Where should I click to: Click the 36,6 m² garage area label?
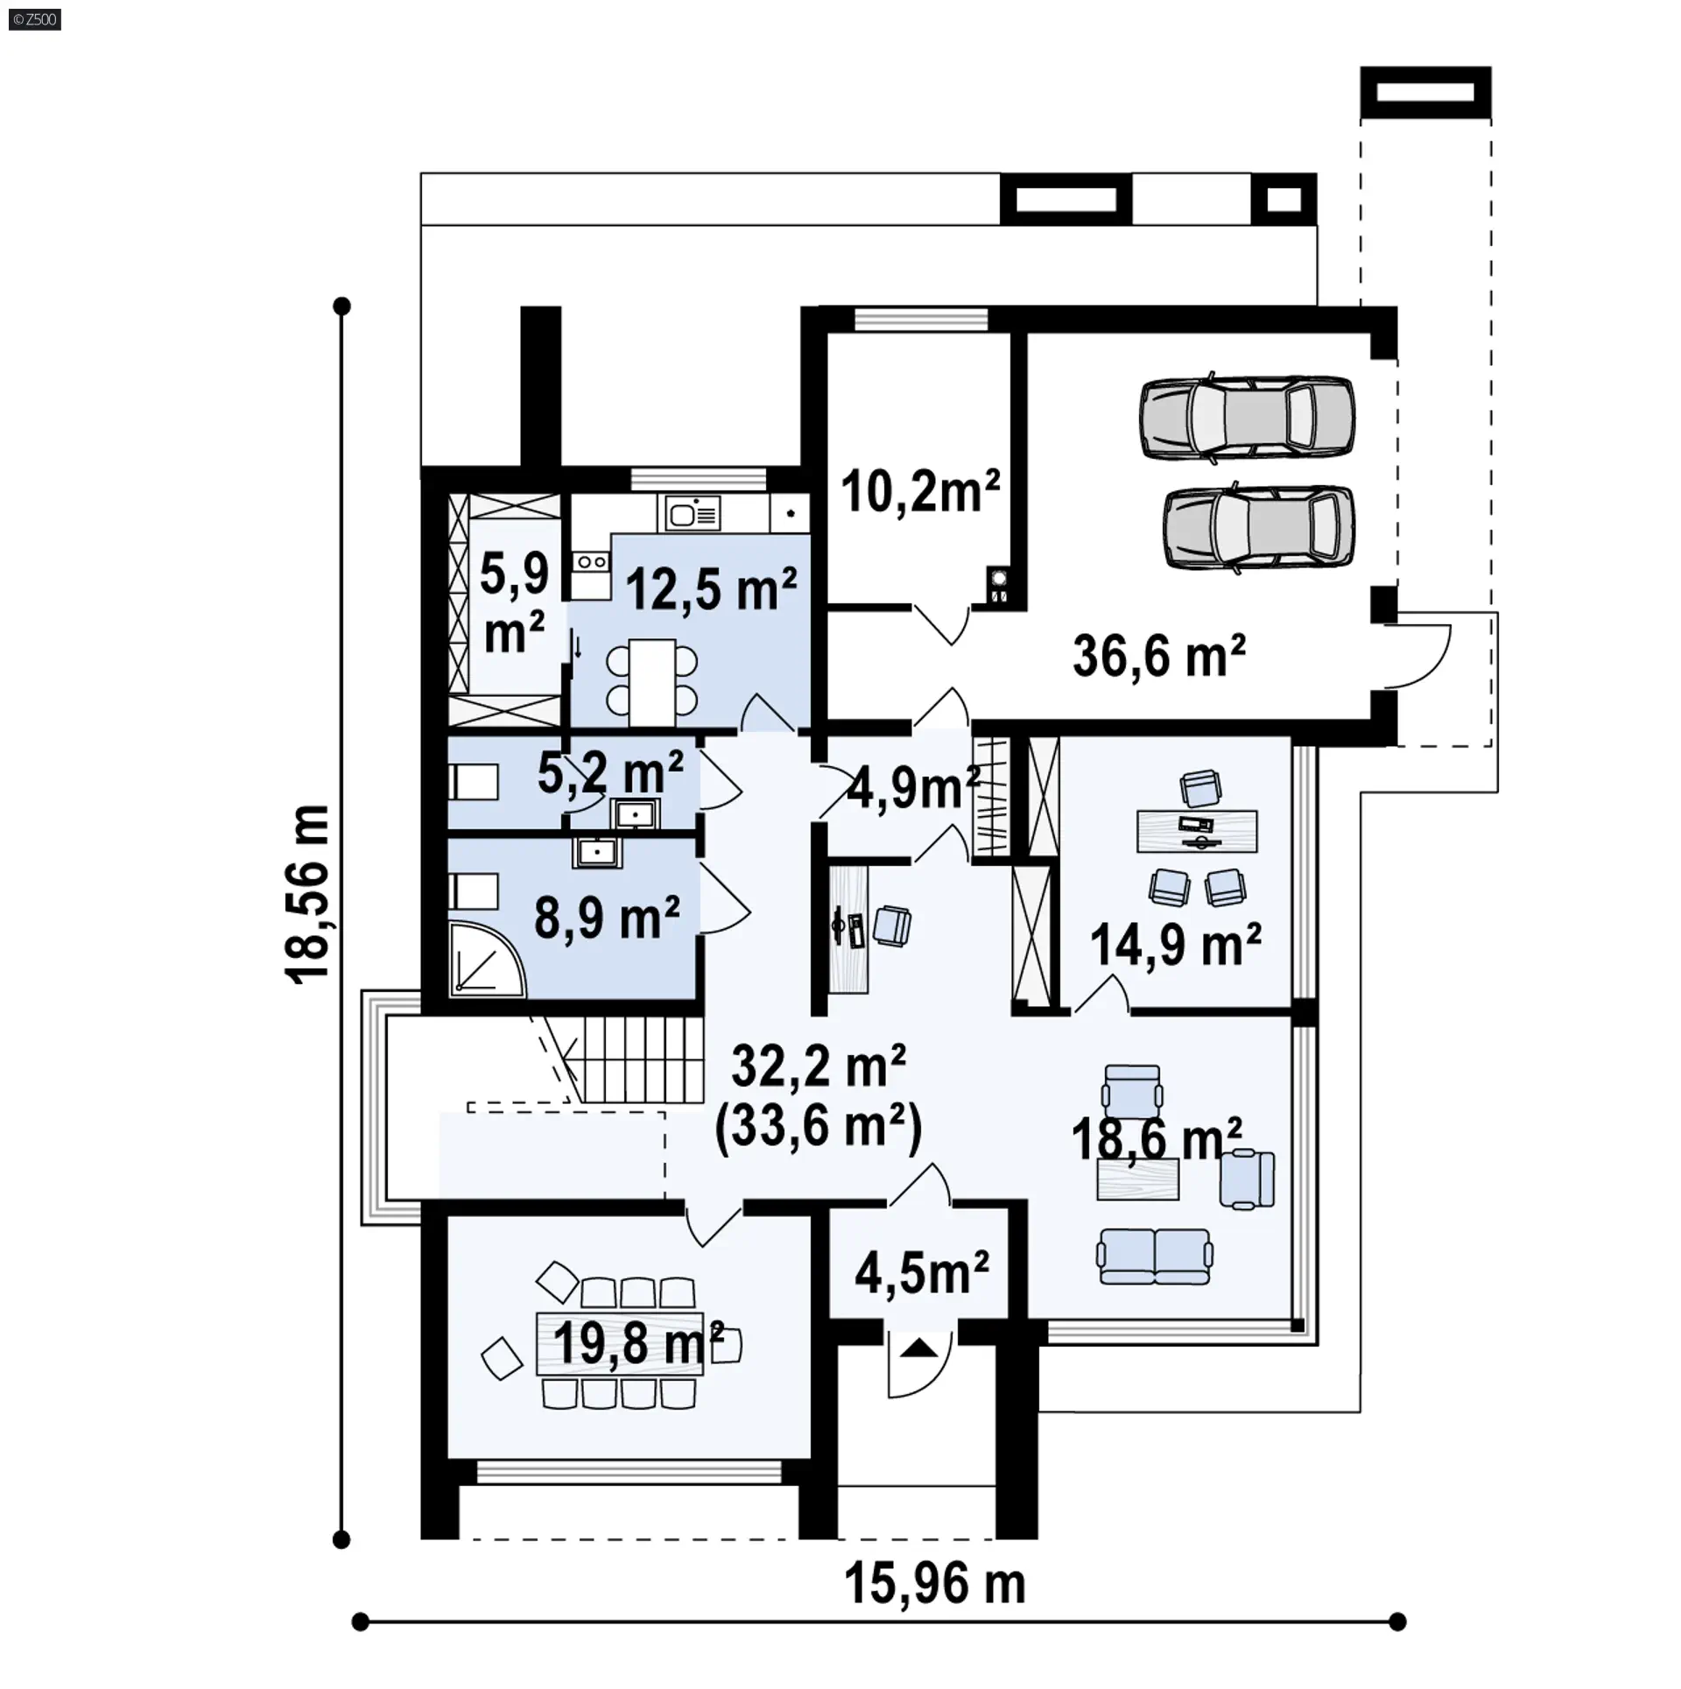point(1158,656)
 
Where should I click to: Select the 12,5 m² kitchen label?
point(711,589)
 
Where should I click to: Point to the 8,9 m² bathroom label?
point(607,917)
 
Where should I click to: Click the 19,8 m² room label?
point(638,1343)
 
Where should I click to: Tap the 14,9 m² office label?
point(1176,945)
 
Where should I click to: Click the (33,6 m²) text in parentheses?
point(819,1127)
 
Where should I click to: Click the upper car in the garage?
point(1247,418)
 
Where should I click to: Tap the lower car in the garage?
point(1259,528)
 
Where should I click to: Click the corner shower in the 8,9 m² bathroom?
point(488,958)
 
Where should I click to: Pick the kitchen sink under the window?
point(693,513)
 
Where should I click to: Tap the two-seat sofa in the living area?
point(1156,1256)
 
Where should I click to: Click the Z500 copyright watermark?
point(35,19)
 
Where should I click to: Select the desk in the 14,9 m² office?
point(1197,830)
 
